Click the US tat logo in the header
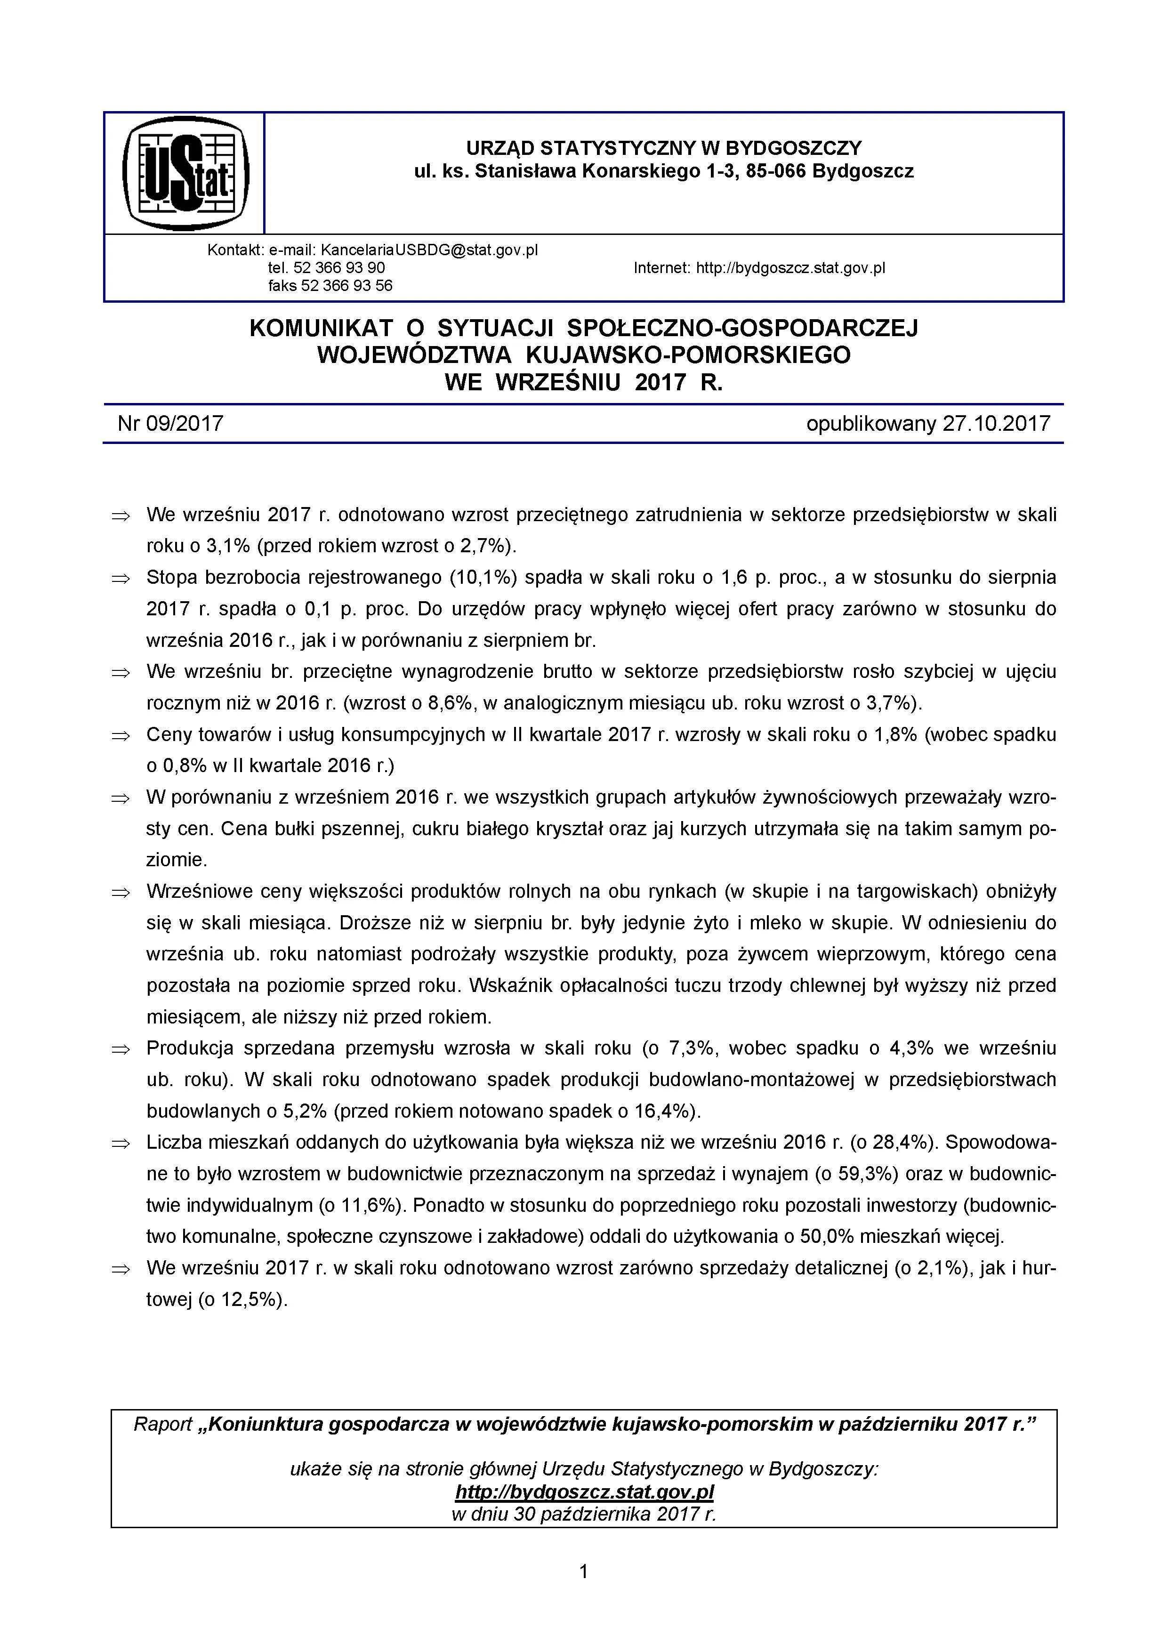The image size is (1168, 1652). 185,173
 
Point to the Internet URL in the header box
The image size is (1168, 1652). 790,268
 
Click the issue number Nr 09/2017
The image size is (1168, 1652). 170,423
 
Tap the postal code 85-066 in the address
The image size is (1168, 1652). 776,171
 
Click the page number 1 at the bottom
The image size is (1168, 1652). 584,1571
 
